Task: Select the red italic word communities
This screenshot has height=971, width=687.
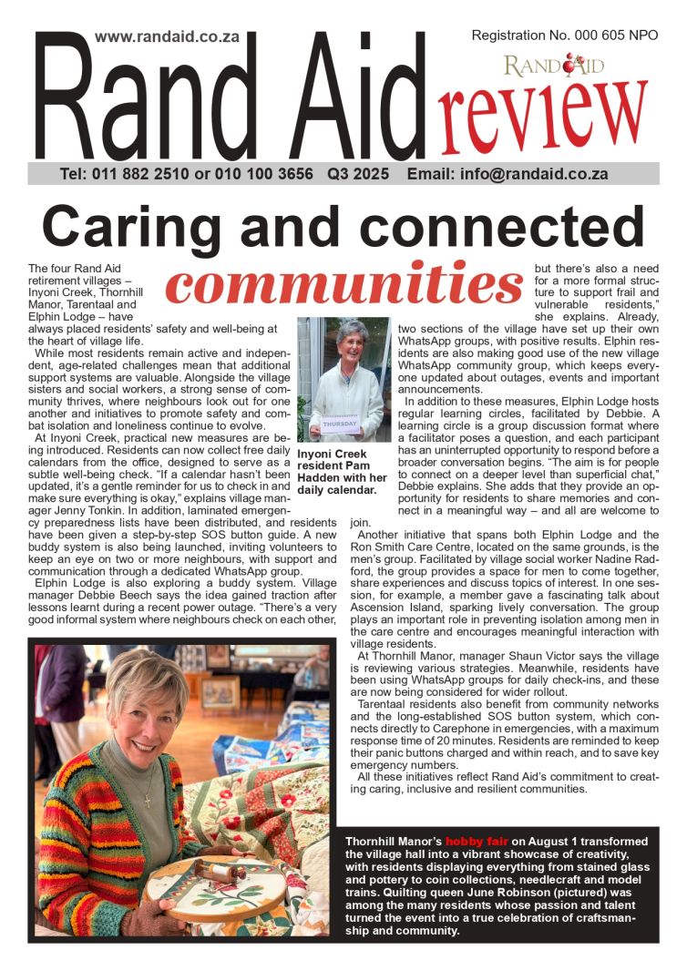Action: [343, 283]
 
